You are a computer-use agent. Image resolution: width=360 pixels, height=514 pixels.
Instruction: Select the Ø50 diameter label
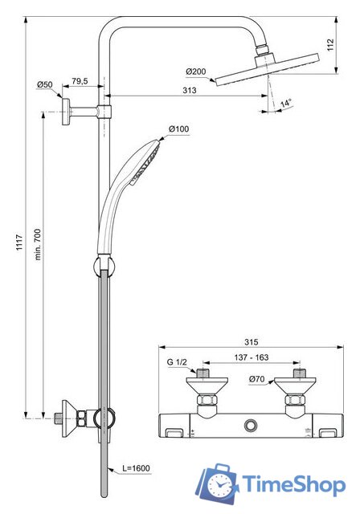pyautogui.click(x=44, y=84)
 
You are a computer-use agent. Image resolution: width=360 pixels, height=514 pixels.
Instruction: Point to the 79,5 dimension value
pyautogui.click(x=80, y=81)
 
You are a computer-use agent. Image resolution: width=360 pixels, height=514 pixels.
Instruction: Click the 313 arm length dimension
pyautogui.click(x=189, y=92)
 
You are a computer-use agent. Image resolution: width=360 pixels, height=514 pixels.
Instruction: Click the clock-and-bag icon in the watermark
pyautogui.click(x=216, y=483)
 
